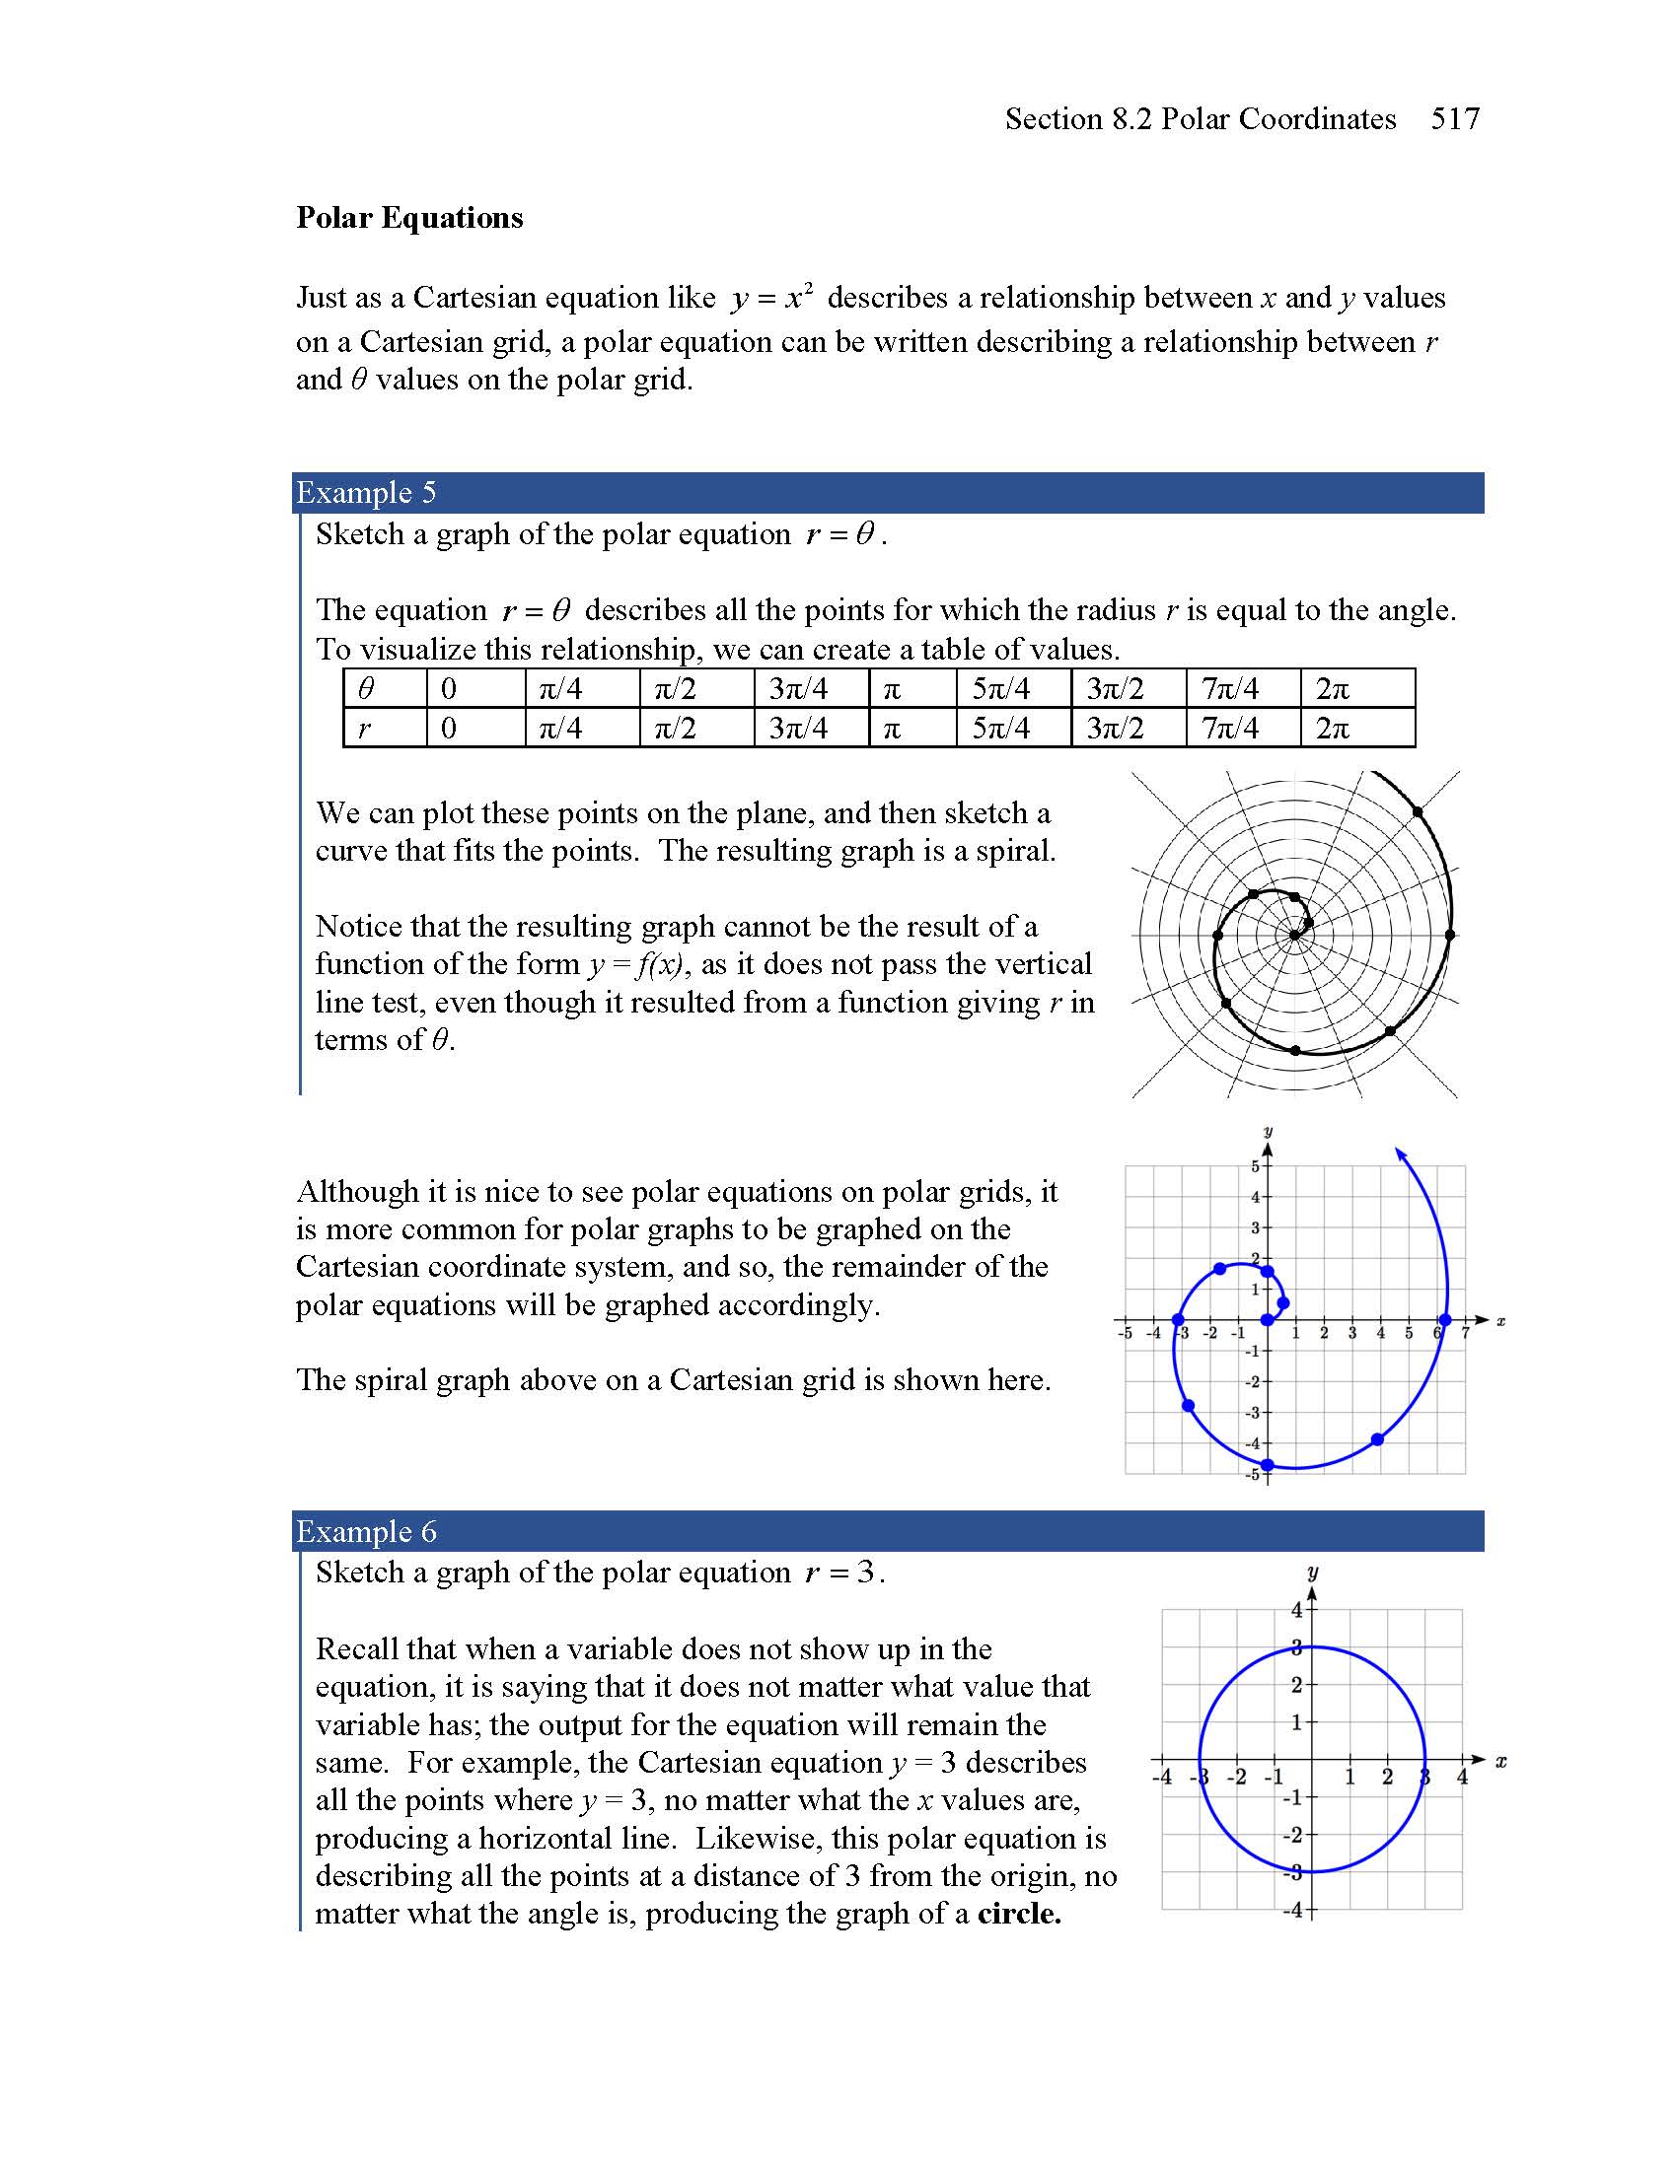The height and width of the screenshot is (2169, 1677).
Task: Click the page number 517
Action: [1454, 119]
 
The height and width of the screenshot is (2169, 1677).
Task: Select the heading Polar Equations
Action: [409, 218]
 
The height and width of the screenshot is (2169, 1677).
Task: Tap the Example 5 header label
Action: [366, 493]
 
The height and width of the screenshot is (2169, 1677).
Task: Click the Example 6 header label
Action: [366, 1531]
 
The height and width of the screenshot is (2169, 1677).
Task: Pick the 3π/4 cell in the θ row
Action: [798, 688]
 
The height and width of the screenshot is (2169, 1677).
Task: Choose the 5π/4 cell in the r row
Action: [1000, 728]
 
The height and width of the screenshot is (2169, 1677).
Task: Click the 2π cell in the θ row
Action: [1333, 688]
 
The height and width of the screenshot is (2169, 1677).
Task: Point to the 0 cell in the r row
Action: [449, 728]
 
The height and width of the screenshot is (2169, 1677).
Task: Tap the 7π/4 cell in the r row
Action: [1230, 728]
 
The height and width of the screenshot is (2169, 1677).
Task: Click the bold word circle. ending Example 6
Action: [1019, 1914]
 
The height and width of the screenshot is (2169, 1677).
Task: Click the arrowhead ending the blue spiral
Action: [1401, 1154]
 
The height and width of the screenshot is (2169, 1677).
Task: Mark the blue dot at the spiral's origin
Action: [1267, 1320]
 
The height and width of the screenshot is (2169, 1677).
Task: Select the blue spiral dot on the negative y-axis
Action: [1267, 1465]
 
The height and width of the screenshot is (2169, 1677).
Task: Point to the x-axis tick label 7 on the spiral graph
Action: [1465, 1333]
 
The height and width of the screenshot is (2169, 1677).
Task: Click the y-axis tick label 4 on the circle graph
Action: [1295, 1610]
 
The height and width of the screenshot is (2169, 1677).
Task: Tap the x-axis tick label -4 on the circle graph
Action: [1161, 1777]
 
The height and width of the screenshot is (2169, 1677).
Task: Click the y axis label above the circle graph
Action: [1312, 1573]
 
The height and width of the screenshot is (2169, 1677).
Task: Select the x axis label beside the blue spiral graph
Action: [1500, 1321]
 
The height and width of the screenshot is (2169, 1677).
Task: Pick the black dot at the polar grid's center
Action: [1294, 935]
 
